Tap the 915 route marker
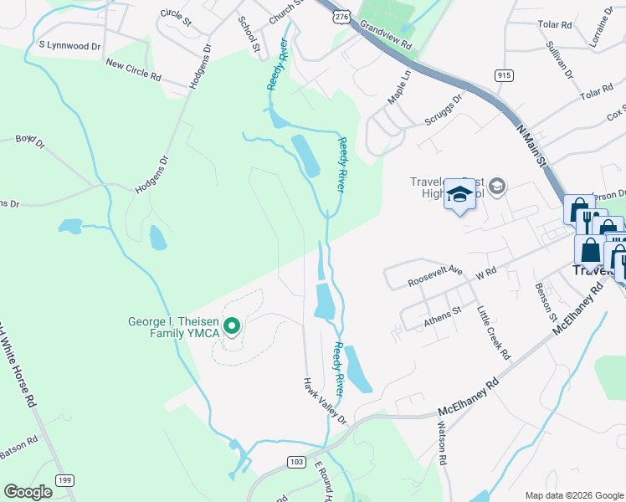click(x=504, y=75)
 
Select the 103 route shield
click(x=295, y=461)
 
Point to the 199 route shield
click(x=64, y=479)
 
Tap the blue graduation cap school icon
click(x=459, y=196)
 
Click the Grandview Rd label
click(x=386, y=34)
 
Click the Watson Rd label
click(x=442, y=443)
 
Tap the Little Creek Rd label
click(x=494, y=332)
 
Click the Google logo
click(x=28, y=492)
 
